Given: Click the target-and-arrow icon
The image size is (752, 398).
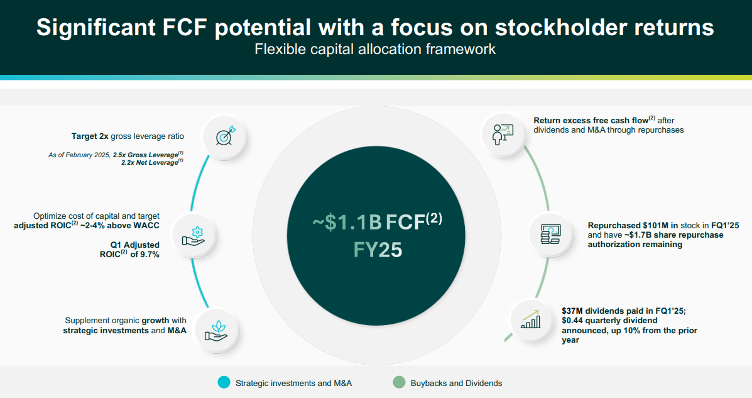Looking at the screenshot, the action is click(x=226, y=136).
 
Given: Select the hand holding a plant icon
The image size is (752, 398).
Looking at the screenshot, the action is click(x=216, y=331).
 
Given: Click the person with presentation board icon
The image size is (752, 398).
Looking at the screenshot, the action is click(x=503, y=134).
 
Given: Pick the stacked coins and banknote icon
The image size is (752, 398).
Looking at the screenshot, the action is click(x=550, y=235).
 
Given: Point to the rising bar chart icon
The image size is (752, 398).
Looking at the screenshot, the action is click(x=530, y=319).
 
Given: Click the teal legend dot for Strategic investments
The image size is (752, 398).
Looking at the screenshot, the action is click(x=224, y=382).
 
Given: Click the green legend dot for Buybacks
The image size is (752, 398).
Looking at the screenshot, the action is click(x=399, y=382).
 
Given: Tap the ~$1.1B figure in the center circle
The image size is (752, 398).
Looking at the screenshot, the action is click(x=347, y=223).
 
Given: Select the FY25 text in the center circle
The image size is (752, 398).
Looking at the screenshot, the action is click(x=378, y=250).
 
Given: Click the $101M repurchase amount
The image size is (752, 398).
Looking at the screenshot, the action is click(x=649, y=225).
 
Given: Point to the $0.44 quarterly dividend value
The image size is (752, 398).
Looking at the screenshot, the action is click(x=574, y=321).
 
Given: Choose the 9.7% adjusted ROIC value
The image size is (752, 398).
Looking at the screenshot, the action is click(x=149, y=255).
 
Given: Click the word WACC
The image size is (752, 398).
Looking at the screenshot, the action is click(x=147, y=226).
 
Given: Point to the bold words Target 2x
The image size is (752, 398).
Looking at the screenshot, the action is click(x=90, y=136).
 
